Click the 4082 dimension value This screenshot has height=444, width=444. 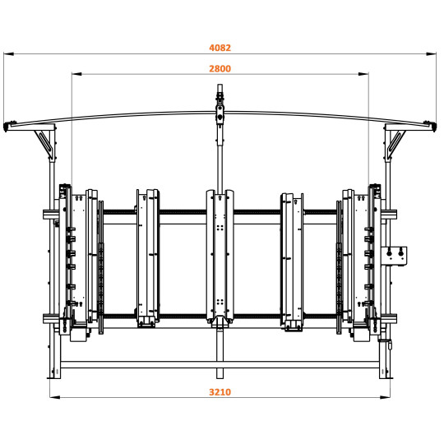coord(220,48)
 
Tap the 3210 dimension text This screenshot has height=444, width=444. coord(220,392)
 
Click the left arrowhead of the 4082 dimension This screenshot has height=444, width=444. coord(6,54)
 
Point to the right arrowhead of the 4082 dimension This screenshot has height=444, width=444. coord(436,54)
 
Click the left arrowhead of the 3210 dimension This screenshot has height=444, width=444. coord(53,399)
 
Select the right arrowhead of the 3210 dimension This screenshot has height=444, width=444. coord(387,399)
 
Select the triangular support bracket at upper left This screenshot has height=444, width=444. coord(46,141)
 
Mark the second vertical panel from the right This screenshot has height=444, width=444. coord(293,259)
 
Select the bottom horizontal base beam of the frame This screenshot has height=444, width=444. coord(220,364)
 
